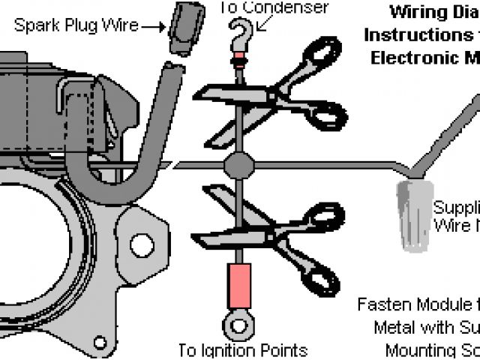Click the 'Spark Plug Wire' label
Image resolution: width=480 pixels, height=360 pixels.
[76, 25]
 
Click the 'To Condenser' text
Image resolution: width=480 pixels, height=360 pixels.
[274, 8]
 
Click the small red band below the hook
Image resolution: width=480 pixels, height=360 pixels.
[238, 58]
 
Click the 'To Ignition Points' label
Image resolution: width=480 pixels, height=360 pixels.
[243, 350]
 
